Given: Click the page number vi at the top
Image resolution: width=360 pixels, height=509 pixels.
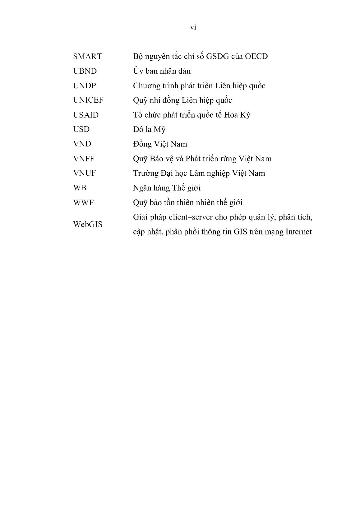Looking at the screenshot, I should coord(193,27).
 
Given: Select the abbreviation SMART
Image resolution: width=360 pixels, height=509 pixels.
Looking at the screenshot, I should coord(87,57).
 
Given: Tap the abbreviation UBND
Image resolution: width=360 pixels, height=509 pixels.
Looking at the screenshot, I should coord(85,71).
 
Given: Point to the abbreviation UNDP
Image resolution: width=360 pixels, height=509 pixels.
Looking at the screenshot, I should coord(85,86).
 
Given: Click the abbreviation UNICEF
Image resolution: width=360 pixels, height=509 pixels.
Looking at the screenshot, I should coord(88,100).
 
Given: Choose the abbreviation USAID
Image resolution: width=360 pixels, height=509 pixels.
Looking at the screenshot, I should coord(86,115).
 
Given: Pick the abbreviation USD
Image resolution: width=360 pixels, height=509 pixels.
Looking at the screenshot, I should coord(81,129).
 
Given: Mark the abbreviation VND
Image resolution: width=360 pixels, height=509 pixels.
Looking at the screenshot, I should coord(82,144).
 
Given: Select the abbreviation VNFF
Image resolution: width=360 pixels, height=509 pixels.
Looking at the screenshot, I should coord(84,159).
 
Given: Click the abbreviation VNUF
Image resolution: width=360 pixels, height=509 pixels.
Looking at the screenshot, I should coord(84,173).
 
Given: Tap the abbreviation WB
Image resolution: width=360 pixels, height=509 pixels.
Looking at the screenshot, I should coord(80,188).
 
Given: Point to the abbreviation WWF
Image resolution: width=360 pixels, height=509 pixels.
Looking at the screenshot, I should coord(83,203).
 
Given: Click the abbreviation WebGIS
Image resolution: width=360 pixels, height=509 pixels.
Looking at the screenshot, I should coord(88,224).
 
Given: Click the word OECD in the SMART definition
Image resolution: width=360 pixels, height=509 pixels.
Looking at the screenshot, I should coord(256,57).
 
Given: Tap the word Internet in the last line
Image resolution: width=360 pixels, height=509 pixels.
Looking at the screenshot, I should coord(297,232).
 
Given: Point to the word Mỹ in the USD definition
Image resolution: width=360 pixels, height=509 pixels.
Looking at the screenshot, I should coord(159,130).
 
